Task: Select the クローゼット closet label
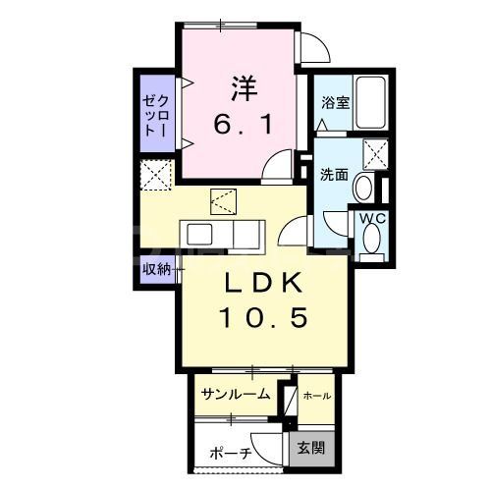tap(156, 114)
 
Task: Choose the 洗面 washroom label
tap(334, 175)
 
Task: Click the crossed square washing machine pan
tap(375, 153)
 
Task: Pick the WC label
tap(370, 218)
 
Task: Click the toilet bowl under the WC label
tap(372, 240)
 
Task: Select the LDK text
tap(260, 284)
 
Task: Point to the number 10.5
tap(261, 318)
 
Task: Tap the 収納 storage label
tap(156, 268)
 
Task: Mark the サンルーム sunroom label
tap(236, 395)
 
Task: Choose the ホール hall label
tap(316, 396)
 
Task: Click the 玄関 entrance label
tap(315, 451)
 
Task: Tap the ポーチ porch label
tap(232, 453)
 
